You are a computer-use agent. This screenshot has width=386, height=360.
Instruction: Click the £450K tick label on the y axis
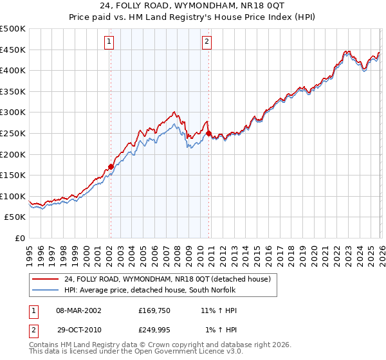click(x=13, y=50)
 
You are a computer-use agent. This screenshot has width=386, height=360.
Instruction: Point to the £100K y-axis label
click(x=13, y=196)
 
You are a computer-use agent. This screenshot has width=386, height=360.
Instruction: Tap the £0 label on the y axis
click(x=19, y=238)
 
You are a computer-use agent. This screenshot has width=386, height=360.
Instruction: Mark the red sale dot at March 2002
click(x=111, y=166)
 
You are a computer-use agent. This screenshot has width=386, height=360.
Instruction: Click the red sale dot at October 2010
click(x=208, y=133)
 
